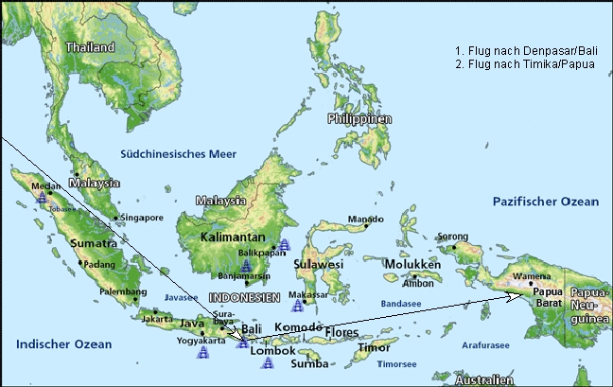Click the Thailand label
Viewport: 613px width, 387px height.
pyautogui.click(x=89, y=46)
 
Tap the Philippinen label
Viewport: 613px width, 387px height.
pyautogui.click(x=359, y=119)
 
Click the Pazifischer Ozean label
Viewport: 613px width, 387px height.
pyautogui.click(x=546, y=202)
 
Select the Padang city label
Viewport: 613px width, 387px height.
pyautogui.click(x=98, y=265)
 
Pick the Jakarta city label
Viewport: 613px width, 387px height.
pyautogui.click(x=156, y=319)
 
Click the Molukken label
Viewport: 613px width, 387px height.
pyautogui.click(x=412, y=265)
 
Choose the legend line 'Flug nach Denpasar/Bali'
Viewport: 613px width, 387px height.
pyautogui.click(x=525, y=49)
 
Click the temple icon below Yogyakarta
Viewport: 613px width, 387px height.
pyautogui.click(x=202, y=354)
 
